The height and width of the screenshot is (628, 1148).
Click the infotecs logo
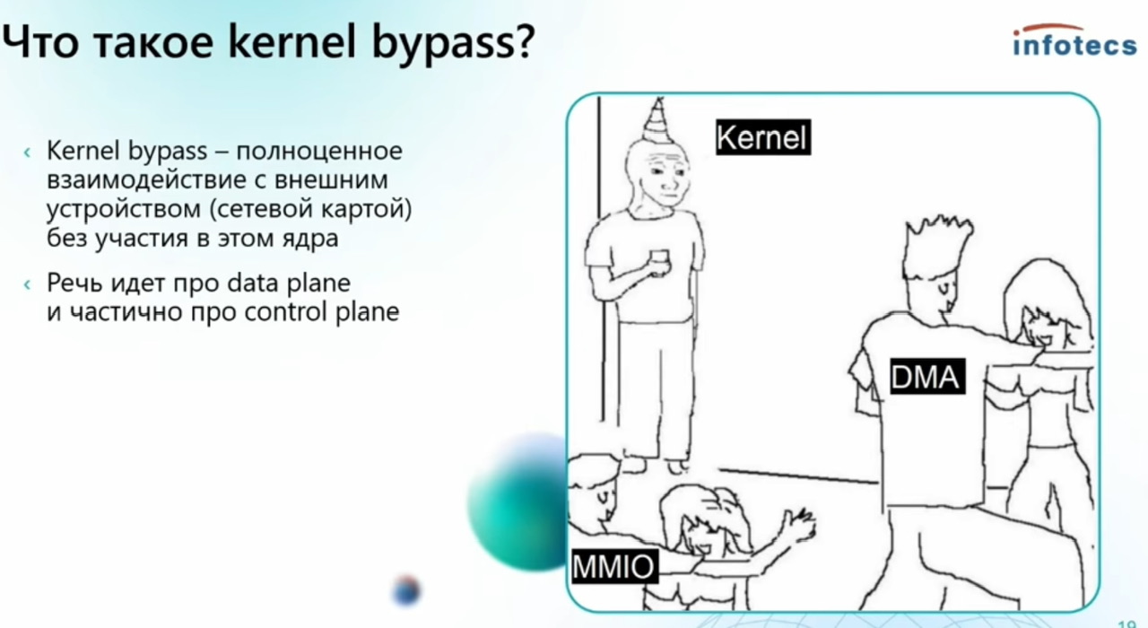coord(1074,40)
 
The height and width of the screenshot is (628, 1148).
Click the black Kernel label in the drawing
coord(763,137)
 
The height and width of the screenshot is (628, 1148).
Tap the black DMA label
coord(927,377)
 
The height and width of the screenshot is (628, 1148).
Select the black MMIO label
coord(614,566)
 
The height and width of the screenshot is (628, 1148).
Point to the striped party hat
coord(657,120)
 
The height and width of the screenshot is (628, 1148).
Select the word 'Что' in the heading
coord(40,41)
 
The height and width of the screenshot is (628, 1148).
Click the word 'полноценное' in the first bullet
coord(319,152)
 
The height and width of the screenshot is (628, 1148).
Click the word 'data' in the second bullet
coord(253,283)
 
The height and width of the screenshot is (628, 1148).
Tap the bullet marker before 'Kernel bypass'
coord(27,153)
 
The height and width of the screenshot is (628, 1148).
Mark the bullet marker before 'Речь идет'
coord(27,284)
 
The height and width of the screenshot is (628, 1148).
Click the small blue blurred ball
coord(407,590)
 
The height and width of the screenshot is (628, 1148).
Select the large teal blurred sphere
coord(517,502)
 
